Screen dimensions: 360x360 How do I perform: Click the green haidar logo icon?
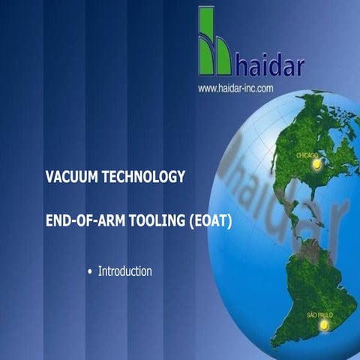point(214,41)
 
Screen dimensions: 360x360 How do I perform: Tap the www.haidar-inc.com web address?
point(235,88)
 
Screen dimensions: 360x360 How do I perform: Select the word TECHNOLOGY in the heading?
point(145,178)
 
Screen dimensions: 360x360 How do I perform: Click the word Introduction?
point(124,271)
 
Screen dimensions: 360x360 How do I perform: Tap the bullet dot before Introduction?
point(90,271)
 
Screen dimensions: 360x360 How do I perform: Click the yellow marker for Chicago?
point(316,169)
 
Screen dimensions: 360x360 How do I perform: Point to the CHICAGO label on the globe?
point(308,154)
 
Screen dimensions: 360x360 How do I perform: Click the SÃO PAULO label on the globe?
point(320,314)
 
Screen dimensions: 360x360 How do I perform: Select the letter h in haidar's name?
point(241,64)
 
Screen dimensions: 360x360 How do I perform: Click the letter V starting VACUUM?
point(49,178)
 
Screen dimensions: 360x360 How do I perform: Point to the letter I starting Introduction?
point(100,271)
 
